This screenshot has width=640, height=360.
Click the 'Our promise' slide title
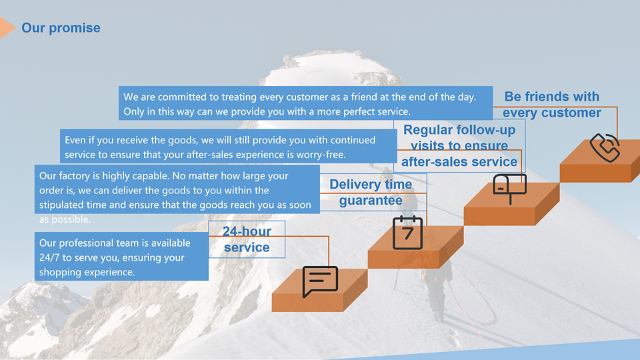pos(61,28)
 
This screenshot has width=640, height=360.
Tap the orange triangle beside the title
pos(7,28)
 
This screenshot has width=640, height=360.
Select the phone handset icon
pos(605,147)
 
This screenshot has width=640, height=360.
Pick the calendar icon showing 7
pos(407,232)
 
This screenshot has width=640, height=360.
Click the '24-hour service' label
pos(247,239)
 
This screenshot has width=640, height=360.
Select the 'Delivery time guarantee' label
pos(371,192)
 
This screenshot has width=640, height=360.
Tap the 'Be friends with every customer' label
pos(552,105)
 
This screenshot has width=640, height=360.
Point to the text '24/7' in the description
pos(49,257)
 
